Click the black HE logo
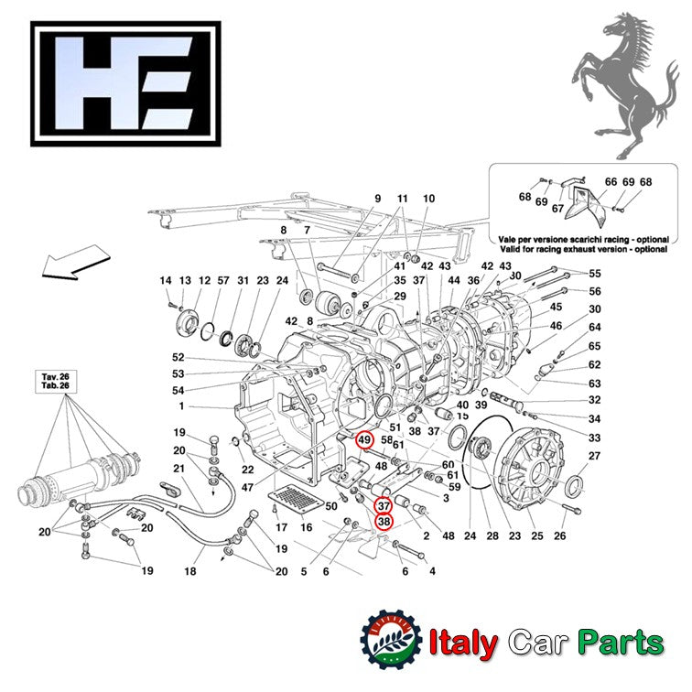[x=125, y=83]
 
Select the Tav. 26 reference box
[x=52, y=381]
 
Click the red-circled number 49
[x=364, y=441]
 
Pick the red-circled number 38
[x=384, y=521]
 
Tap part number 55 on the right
[x=595, y=274]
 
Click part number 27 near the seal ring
[x=594, y=456]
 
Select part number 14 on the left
[x=165, y=281]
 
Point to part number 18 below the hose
[x=190, y=571]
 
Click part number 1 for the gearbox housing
[x=182, y=405]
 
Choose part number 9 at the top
[x=376, y=199]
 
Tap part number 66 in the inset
[x=611, y=182]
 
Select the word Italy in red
[x=463, y=643]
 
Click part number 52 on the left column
[x=178, y=358]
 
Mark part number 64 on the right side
[x=595, y=328]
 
